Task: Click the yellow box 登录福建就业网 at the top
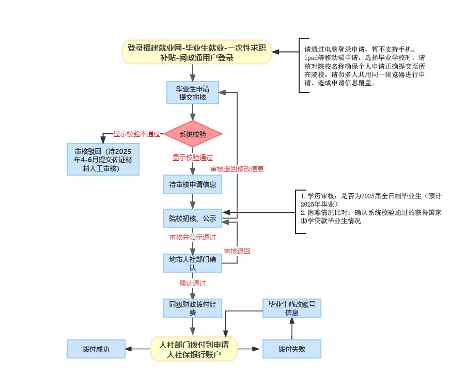(197, 52)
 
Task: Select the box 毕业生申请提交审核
(192, 92)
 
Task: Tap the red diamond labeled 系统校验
(192, 134)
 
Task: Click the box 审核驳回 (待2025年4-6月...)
(103, 160)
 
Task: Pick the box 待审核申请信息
(192, 184)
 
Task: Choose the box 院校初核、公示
(192, 219)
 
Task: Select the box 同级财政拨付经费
(192, 308)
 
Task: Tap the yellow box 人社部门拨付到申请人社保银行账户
(194, 349)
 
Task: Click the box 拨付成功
(96, 349)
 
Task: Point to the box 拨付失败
(291, 349)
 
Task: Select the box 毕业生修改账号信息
(291, 308)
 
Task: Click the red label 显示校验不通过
(137, 134)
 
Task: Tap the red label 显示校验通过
(192, 158)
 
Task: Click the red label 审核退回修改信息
(237, 169)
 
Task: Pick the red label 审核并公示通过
(192, 237)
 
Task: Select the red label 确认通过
(192, 283)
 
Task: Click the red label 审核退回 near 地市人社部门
(237, 251)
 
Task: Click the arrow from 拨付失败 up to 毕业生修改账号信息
(291, 329)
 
